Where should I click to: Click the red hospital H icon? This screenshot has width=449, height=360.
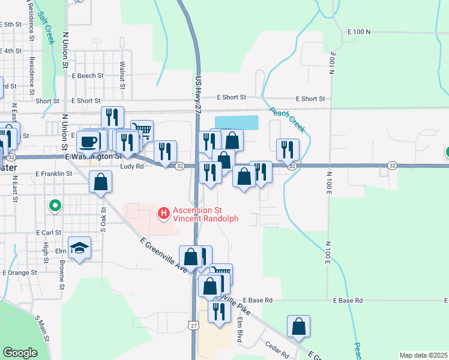pyautogui.click(x=163, y=213)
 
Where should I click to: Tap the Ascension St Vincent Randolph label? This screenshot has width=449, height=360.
pyautogui.click(x=206, y=214)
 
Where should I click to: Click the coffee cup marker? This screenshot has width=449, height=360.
pyautogui.click(x=88, y=142)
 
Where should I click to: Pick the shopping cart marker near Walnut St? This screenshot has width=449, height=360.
pyautogui.click(x=142, y=130)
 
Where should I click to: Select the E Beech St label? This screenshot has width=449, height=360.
pyautogui.click(x=88, y=76)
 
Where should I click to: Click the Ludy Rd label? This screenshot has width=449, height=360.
pyautogui.click(x=131, y=167)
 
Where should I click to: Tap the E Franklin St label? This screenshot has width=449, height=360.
pyautogui.click(x=53, y=173)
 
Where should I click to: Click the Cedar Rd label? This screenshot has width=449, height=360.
pyautogui.click(x=277, y=346)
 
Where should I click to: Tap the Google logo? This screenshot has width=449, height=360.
pyautogui.click(x=20, y=353)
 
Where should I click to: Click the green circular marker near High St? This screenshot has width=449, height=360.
pyautogui.click(x=55, y=206)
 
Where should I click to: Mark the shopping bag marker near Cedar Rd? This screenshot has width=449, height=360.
pyautogui.click(x=298, y=327)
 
